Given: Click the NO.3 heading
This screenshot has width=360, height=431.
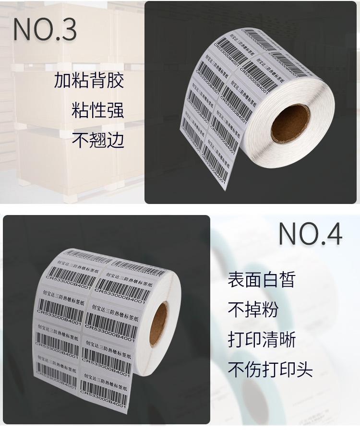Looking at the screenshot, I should (45, 30).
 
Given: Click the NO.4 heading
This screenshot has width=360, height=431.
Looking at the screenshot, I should (310, 235).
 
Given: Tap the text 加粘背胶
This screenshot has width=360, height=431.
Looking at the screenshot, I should (89, 80).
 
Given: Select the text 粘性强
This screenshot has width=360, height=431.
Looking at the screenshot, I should (98, 110).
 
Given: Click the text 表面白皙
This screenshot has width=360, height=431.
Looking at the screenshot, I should (261, 280).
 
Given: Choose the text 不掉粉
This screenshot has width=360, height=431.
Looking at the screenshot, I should (252, 310).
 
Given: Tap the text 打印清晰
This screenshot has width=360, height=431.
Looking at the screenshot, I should (261, 340).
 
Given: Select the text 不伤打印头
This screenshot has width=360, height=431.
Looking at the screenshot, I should (270, 370).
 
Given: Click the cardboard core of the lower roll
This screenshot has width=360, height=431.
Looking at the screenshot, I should (158, 325).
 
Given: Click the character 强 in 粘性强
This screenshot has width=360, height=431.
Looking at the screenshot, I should (115, 110).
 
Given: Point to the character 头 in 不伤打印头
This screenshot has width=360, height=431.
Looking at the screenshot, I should (304, 370).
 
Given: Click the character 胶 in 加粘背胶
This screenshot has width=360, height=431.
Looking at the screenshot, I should (115, 80).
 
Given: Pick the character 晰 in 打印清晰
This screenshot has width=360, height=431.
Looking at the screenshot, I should (287, 340).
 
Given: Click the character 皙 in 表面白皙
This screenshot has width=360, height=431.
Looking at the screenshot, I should (287, 280).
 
